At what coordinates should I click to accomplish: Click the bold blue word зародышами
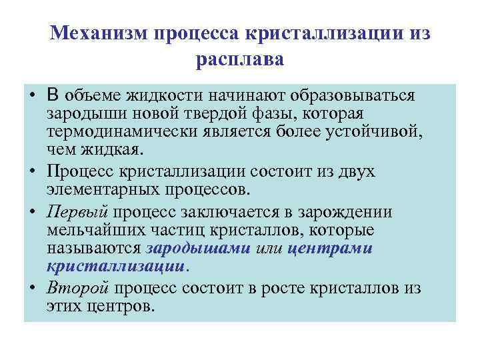(x=198, y=248)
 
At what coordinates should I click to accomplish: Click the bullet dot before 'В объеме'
(x=32, y=95)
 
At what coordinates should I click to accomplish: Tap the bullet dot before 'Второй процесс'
(x=32, y=288)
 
